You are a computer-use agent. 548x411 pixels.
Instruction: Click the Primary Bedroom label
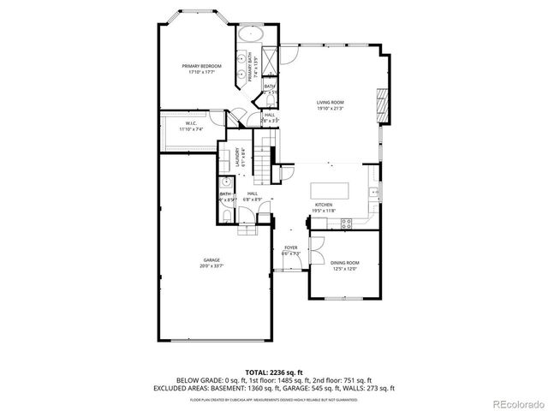click(202, 66)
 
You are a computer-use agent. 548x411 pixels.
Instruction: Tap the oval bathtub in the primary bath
click(251, 36)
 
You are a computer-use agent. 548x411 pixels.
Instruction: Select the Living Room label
click(330, 102)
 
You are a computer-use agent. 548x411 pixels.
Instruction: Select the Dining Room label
click(345, 263)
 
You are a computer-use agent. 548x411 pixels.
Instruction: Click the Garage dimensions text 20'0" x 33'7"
click(211, 265)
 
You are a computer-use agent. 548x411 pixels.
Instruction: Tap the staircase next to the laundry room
click(266, 158)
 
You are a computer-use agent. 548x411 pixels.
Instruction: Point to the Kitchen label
click(323, 205)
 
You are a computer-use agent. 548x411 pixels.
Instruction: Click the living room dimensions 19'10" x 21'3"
click(330, 108)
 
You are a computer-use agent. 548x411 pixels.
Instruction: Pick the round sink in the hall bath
click(226, 183)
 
